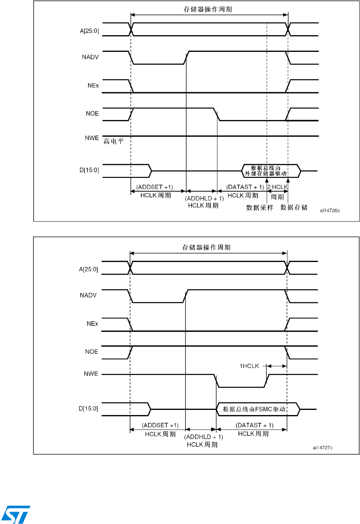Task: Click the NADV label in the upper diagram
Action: click(90, 57)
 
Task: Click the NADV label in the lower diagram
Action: click(88, 295)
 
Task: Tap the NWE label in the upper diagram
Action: click(92, 138)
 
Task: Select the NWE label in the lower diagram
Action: click(91, 374)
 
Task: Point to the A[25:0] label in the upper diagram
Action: click(89, 31)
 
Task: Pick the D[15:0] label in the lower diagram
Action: click(88, 408)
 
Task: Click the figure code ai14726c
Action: click(330, 210)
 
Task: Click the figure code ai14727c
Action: click(322, 448)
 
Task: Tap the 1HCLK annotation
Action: click(249, 366)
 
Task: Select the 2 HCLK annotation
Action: click(277, 187)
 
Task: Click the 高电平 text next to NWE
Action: click(113, 141)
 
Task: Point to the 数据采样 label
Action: click(260, 208)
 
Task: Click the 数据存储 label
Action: click(294, 208)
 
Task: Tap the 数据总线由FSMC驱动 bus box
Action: click(254, 409)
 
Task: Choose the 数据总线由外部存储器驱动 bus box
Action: click(266, 171)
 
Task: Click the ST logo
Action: click(16, 514)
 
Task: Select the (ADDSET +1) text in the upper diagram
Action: click(154, 187)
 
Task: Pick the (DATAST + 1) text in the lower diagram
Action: click(254, 425)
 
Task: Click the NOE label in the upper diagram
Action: click(92, 113)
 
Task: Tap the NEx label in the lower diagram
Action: click(92, 324)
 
